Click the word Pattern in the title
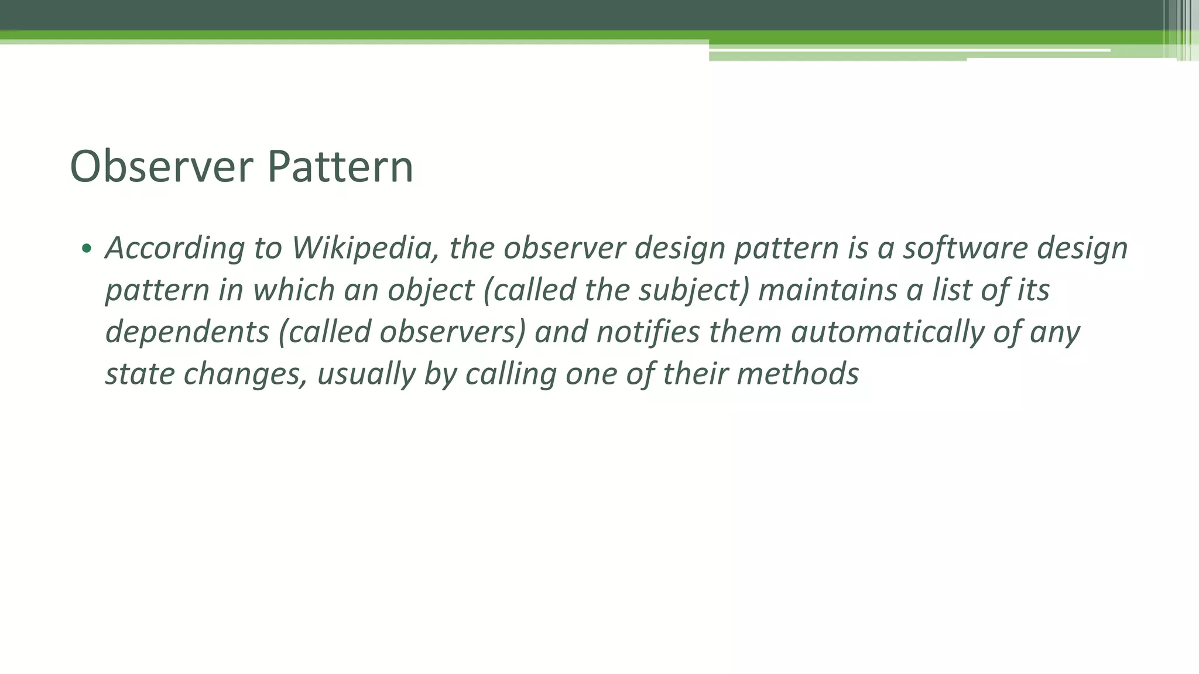click(340, 167)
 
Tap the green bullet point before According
click(87, 249)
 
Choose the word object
click(430, 291)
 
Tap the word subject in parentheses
click(688, 291)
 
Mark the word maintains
click(827, 291)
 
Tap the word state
click(140, 374)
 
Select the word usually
click(366, 374)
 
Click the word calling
click(511, 374)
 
